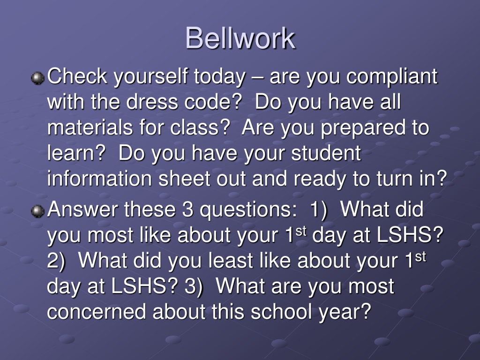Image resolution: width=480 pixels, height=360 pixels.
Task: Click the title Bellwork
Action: point(240,38)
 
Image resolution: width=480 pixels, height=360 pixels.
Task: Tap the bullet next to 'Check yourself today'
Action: point(37,78)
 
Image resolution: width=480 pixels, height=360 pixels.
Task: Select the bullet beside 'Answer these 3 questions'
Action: point(37,211)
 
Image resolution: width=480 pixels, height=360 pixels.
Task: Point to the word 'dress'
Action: point(152,102)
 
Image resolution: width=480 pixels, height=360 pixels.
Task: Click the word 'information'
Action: point(99,179)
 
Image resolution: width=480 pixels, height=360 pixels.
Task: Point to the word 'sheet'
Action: point(184,179)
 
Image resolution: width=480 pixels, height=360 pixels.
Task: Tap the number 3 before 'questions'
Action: point(187,210)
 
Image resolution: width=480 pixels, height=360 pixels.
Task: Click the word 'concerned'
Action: point(97,312)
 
